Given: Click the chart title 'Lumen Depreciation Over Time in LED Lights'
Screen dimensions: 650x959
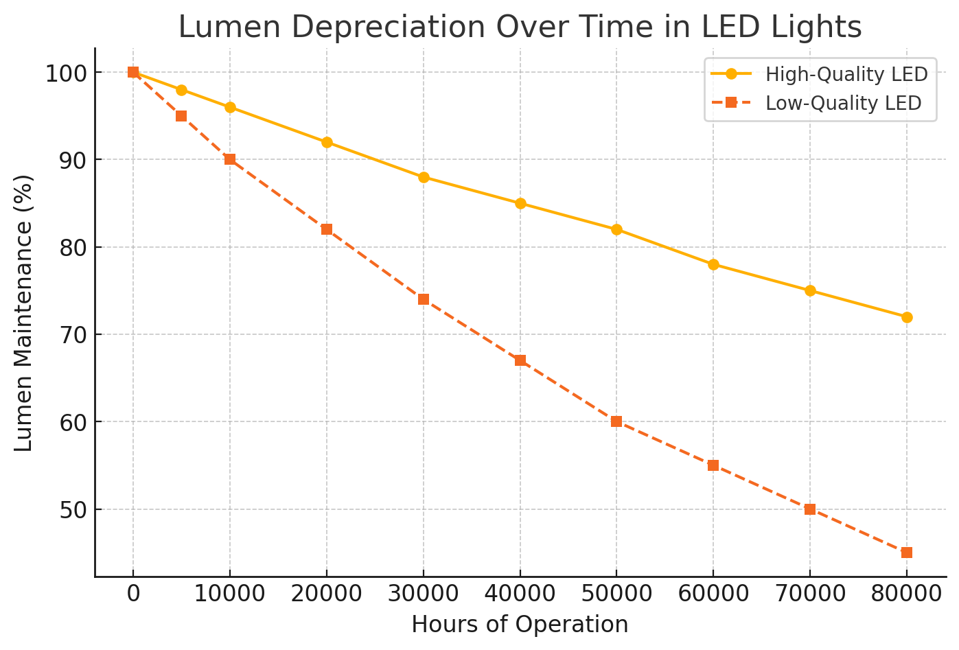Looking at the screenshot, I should [x=520, y=28].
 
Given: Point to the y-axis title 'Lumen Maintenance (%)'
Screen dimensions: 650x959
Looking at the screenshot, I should [x=24, y=313].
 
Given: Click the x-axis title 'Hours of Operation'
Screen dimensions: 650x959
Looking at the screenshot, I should [x=520, y=625].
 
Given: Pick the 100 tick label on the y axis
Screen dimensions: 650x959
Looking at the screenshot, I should [x=65, y=73].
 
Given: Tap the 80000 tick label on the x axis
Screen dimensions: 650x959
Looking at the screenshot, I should [x=907, y=594].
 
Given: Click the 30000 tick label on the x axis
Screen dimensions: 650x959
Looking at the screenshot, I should [x=424, y=594].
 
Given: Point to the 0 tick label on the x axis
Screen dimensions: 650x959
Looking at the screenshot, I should [x=133, y=594].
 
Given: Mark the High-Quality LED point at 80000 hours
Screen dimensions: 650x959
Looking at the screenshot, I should [x=907, y=317].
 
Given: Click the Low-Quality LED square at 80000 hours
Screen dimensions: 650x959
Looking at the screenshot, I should [x=907, y=553].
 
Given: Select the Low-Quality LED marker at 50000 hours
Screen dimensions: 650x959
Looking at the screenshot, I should [x=616, y=421].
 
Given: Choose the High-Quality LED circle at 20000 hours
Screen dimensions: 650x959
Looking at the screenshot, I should [x=327, y=142].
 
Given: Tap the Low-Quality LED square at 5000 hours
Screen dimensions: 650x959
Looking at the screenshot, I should [x=181, y=116].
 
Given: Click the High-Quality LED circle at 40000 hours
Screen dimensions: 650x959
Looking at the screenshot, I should [x=520, y=203].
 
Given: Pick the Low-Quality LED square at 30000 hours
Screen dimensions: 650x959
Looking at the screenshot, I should [x=424, y=299].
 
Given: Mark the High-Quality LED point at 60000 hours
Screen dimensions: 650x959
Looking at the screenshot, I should [x=713, y=264].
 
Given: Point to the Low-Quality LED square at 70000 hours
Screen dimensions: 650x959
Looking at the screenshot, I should [x=810, y=509].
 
